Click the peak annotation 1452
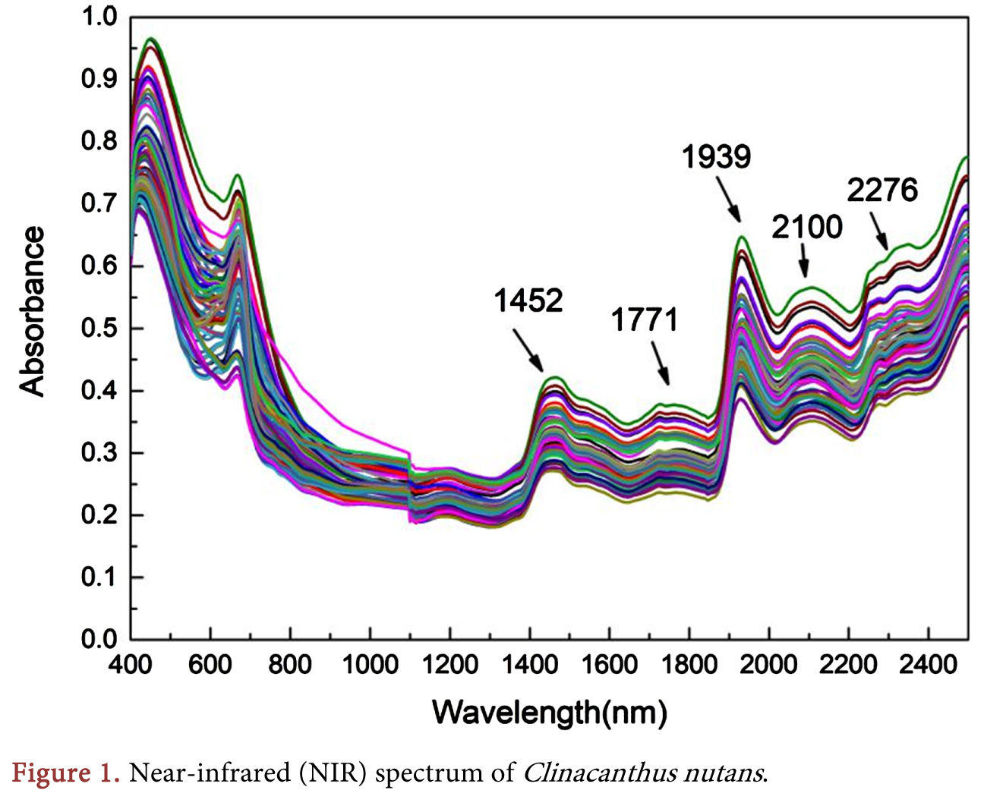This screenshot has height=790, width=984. pos(528,301)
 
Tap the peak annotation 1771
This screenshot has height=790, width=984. pos(644,320)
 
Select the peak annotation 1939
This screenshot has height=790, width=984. pos(716,157)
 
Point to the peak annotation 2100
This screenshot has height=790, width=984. pos(807,227)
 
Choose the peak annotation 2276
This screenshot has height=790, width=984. pos(882,190)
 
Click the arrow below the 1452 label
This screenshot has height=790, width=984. pos(528,350)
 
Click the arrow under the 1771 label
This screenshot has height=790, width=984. pos(660,363)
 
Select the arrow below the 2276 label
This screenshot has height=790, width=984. pos(879,231)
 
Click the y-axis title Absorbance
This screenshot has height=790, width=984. pos(32,311)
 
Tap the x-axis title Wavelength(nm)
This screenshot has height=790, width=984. pos(549,712)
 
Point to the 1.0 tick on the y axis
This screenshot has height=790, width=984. pos(99,16)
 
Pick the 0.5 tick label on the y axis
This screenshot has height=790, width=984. pos(99,328)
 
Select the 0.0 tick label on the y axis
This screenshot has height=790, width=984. pos(99,639)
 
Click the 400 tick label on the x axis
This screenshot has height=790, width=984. pos(131,665)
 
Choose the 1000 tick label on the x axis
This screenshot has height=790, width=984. pos(370,665)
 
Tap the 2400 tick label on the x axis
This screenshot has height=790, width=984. pos(928,665)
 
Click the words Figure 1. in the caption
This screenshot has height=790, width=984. pos(66,773)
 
